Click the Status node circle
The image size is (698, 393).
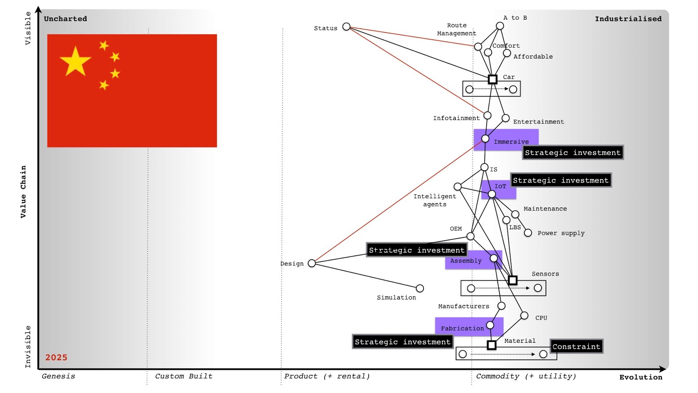pos(346,27)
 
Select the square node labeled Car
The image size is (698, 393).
pos(493,79)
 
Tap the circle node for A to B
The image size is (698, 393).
pos(500,26)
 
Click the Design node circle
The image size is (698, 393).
pos(311,263)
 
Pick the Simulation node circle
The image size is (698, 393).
pos(420,288)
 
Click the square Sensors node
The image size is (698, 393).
pos(513,280)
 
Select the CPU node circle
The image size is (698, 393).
pos(524,315)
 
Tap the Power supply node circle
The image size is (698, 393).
pos(528,233)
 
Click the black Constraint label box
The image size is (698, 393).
pos(576,346)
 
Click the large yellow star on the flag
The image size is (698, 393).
pos(75,62)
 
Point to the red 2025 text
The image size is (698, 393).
pos(56,357)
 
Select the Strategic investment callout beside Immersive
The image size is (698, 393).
pos(572,152)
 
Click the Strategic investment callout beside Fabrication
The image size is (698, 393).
pos(402,341)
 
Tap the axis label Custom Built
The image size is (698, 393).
pos(184,376)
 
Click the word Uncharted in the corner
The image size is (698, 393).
pos(65,19)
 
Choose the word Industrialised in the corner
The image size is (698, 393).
pos(628,19)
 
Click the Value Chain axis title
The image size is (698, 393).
pos(23,191)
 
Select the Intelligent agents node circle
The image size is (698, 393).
pos(458,186)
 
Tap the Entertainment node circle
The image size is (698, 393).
pos(506,118)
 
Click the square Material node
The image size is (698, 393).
pos(492,345)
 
